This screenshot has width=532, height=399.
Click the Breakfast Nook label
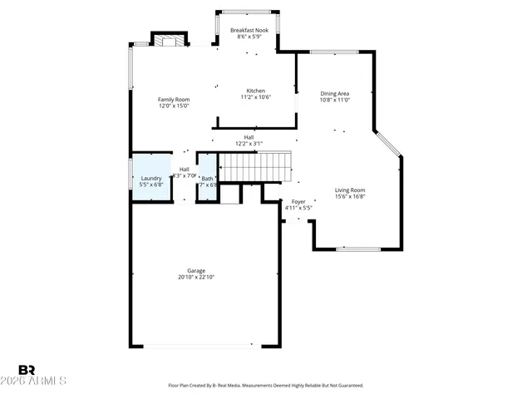tap(249, 30)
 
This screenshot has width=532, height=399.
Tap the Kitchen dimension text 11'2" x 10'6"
tap(256, 97)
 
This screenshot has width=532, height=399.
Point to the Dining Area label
tap(335, 94)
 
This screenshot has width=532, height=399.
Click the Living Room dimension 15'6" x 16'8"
tap(350, 197)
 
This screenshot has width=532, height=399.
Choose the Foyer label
tap(298, 201)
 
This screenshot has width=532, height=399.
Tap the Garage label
tap(196, 270)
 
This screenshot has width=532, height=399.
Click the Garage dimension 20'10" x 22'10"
tap(196, 277)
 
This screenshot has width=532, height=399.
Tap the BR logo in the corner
tap(27, 369)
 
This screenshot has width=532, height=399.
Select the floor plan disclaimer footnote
tap(266, 386)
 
